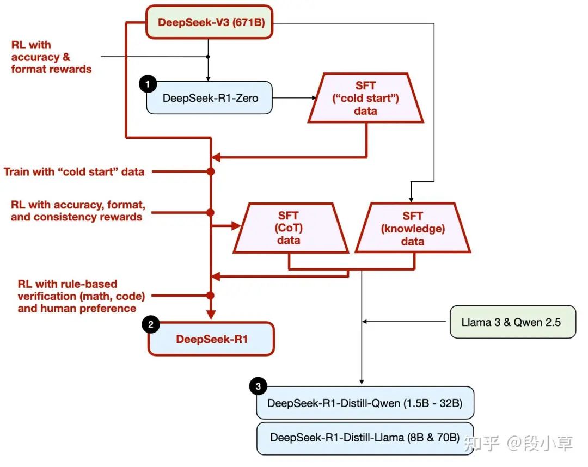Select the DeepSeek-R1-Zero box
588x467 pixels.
coord(209,98)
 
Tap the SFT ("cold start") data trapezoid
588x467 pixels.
coord(365,99)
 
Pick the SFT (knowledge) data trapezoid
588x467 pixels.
coord(413,229)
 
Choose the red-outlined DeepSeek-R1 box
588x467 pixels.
coord(211,339)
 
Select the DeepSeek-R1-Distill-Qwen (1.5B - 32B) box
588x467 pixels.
coord(365,403)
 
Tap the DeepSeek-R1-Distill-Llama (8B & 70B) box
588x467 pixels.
coord(365,438)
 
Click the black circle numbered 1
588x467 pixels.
coord(148,84)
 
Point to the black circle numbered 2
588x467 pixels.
coord(150,324)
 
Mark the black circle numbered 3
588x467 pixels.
coord(258,387)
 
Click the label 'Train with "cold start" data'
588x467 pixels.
coord(74,171)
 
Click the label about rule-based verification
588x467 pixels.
coord(76,296)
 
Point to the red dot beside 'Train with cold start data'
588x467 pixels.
coord(211,171)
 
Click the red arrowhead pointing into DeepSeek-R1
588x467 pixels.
coord(211,315)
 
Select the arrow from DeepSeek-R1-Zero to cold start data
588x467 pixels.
coord(294,98)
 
